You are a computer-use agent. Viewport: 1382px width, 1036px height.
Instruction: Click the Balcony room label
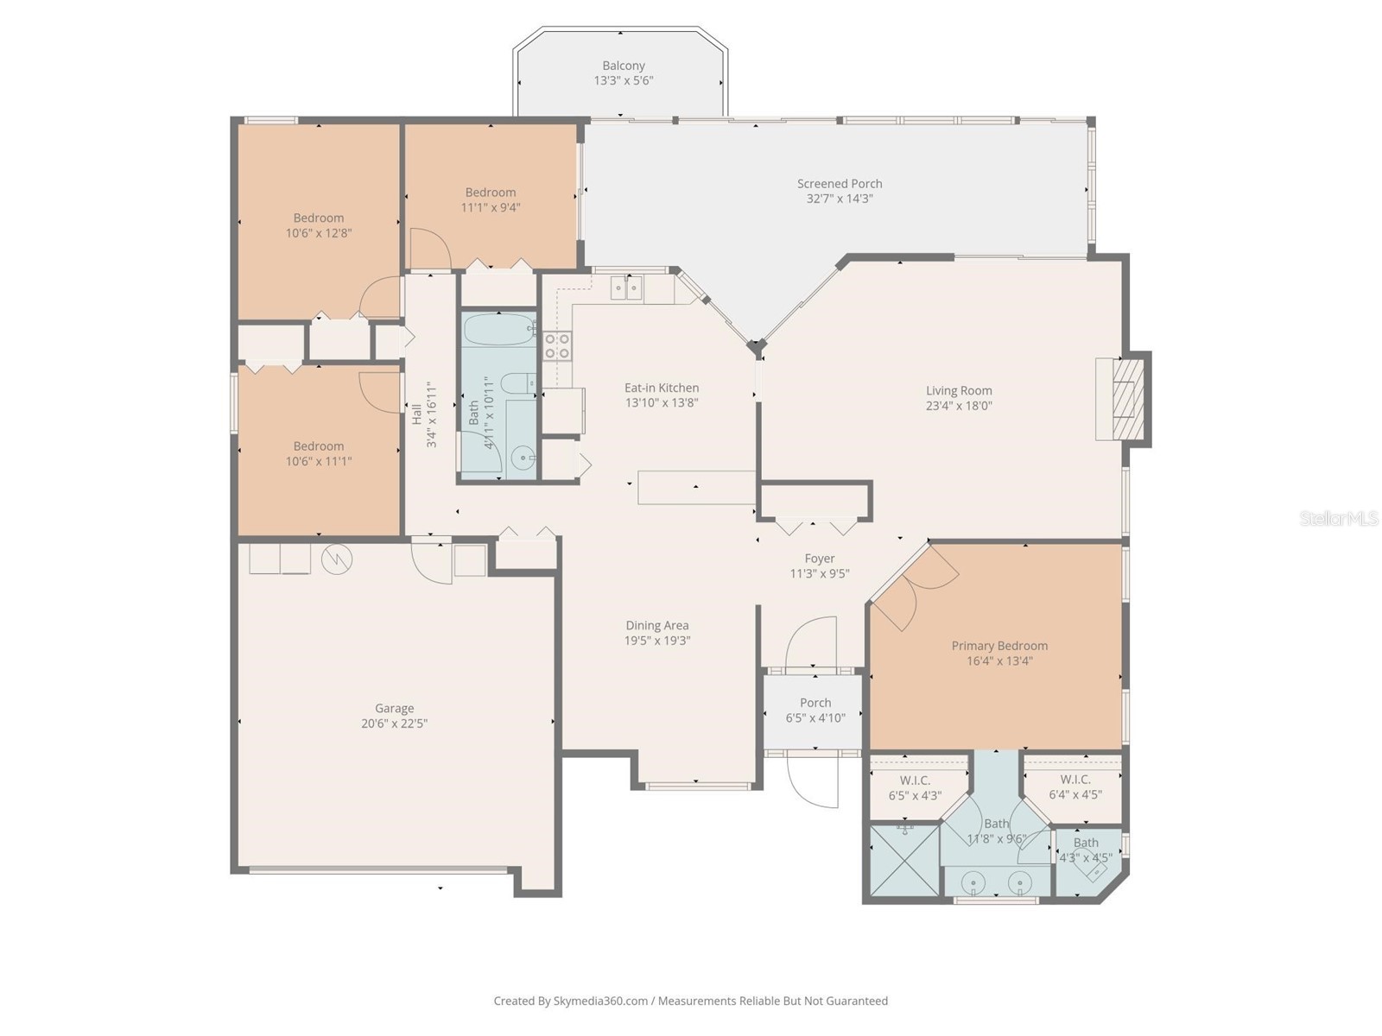623,66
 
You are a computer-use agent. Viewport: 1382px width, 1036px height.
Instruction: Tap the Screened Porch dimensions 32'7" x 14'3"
839,199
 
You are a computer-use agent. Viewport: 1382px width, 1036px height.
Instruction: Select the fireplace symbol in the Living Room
1124,400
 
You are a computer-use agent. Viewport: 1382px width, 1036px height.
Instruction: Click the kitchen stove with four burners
557,346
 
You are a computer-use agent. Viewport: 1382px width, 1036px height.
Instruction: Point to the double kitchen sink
626,287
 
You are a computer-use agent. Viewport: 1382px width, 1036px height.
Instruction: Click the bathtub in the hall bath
499,330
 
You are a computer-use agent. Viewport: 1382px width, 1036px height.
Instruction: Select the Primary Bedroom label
999,646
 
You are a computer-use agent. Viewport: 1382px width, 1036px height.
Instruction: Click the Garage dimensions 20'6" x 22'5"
394,723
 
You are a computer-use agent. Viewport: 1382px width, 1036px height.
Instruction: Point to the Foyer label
819,559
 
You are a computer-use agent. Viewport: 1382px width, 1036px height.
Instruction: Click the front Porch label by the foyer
815,703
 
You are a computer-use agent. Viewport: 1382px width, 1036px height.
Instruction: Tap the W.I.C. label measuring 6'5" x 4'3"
915,780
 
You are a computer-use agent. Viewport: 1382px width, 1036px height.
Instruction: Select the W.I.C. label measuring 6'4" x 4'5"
1075,780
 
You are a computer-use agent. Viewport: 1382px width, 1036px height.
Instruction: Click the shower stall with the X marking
903,861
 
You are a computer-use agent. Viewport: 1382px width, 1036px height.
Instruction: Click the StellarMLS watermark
1338,518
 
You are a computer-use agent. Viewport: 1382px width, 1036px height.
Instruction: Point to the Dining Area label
656,625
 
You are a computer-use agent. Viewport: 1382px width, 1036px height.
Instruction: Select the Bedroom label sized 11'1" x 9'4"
490,193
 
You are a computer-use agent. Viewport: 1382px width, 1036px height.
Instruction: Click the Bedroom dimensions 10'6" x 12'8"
319,233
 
